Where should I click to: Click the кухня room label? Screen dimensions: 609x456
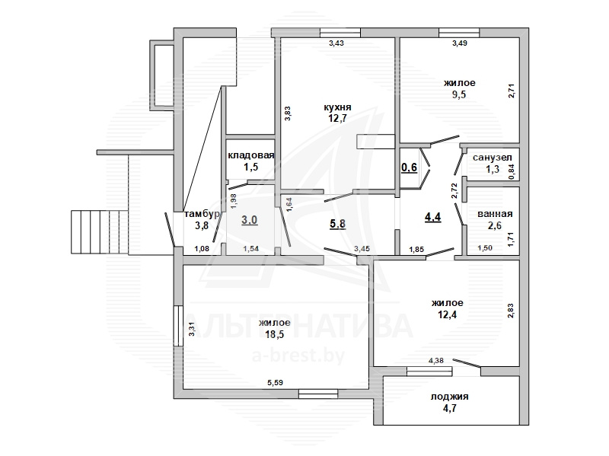[x=337, y=107]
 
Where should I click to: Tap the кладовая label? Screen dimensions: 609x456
[x=251, y=155]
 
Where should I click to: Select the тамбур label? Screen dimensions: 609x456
[x=202, y=214]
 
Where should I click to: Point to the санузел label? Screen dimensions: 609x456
[x=493, y=158]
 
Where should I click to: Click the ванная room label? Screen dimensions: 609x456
[x=495, y=214]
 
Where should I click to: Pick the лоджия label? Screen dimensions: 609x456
[x=449, y=397]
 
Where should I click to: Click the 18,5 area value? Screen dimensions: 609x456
[x=275, y=334]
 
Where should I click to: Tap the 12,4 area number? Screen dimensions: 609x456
[x=448, y=314]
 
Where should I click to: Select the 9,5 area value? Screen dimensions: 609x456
[x=459, y=94]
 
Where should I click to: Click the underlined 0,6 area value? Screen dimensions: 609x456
[x=409, y=167]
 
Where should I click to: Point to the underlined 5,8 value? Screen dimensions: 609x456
[x=337, y=224]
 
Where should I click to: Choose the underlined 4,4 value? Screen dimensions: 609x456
[x=432, y=217]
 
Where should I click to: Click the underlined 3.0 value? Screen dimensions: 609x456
[x=250, y=220]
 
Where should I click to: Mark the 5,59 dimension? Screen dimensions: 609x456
[x=275, y=383]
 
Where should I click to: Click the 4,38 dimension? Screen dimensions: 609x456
[x=435, y=361]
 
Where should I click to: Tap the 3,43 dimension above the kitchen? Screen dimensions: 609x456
[x=336, y=43]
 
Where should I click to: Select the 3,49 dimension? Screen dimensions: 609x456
[x=460, y=43]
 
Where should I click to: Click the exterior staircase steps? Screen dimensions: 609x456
[x=100, y=232]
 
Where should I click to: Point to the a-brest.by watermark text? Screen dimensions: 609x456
[x=298, y=356]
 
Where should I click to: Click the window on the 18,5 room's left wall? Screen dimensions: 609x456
[x=178, y=326]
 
